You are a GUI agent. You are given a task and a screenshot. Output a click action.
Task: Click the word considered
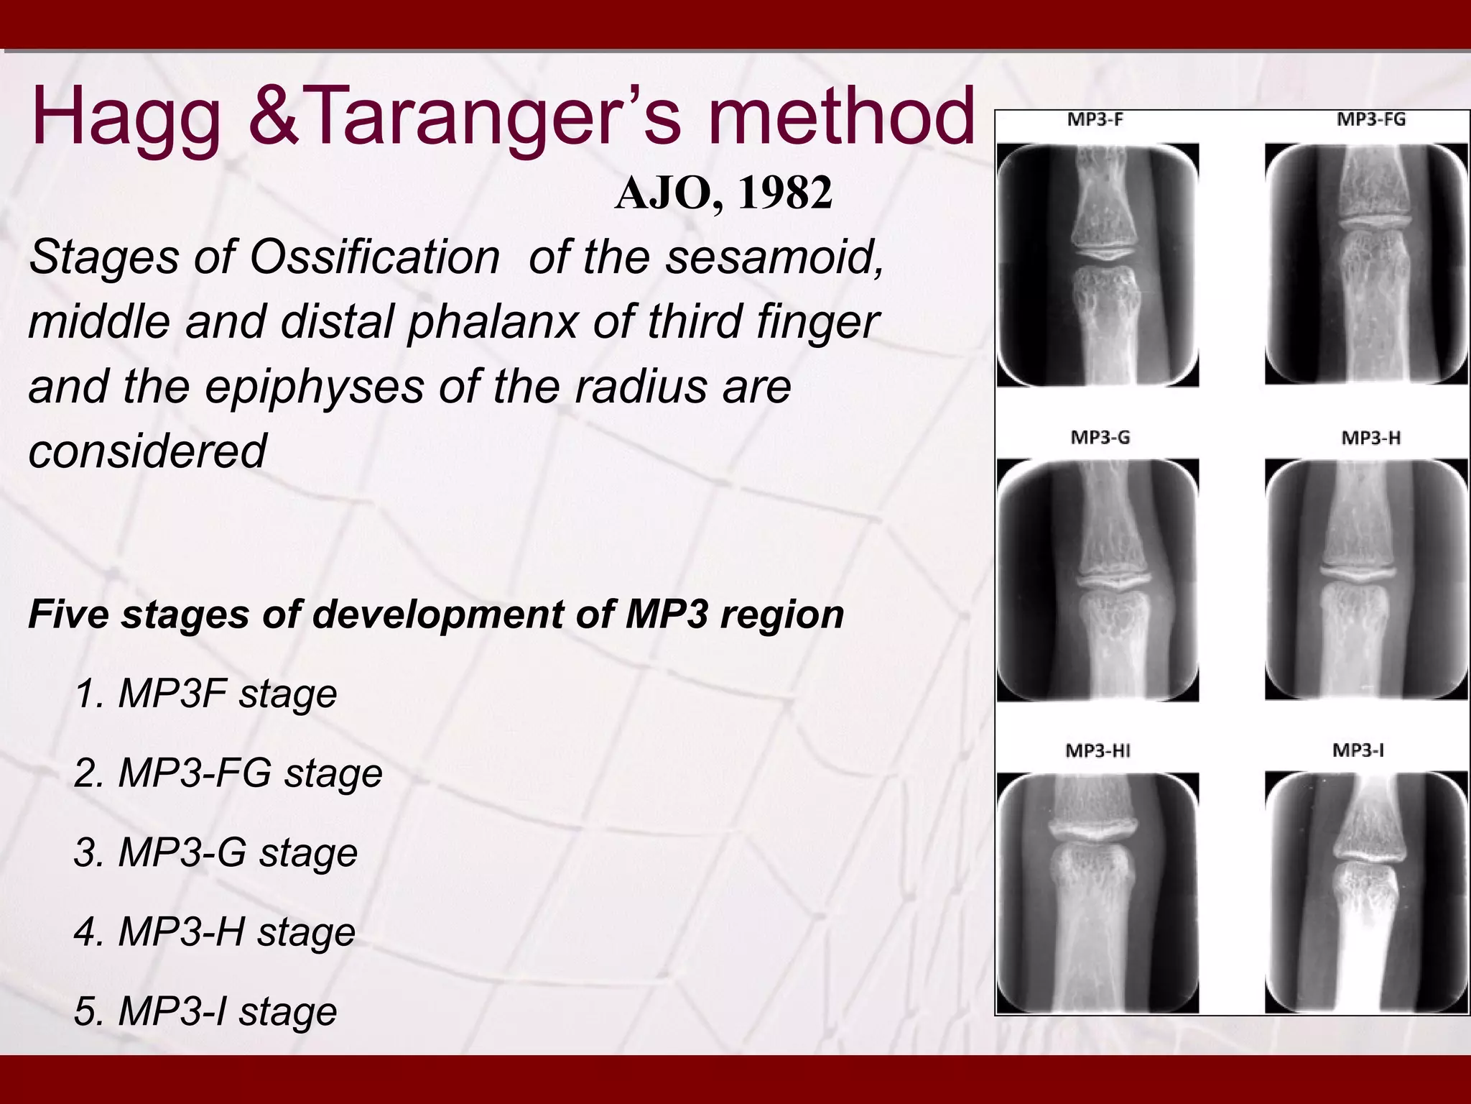coord(147,451)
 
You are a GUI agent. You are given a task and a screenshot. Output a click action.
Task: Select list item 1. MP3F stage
coord(205,694)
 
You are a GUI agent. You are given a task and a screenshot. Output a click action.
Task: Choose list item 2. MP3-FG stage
coord(228,773)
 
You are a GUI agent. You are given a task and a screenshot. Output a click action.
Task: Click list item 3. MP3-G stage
coord(215,852)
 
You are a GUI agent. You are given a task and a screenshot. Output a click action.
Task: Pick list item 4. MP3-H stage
coord(215,932)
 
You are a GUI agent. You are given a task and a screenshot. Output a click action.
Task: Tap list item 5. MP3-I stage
coord(205,1011)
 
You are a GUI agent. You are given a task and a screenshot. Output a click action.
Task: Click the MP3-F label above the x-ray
coord(1095,120)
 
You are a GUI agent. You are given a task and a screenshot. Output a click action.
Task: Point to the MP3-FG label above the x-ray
coord(1370,120)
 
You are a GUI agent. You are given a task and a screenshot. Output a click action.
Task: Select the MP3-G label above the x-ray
coord(1099,437)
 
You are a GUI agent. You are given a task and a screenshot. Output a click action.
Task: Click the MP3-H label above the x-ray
coord(1370,437)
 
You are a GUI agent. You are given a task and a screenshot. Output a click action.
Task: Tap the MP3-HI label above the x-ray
coord(1098,751)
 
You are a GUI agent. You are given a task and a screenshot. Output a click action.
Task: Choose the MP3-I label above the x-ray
coord(1358,750)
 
